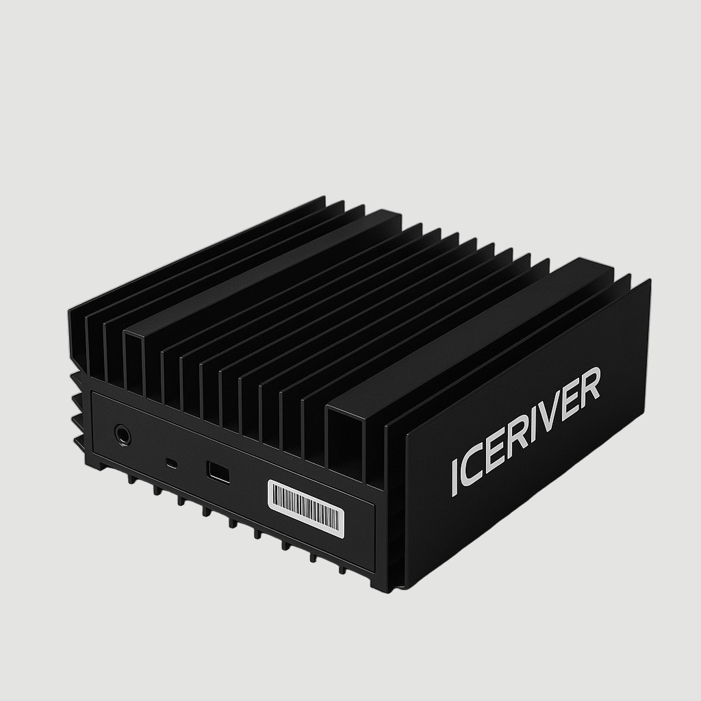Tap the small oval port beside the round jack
point(172,463)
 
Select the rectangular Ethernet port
point(217,472)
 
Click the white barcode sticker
point(305,505)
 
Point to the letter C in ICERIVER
point(472,471)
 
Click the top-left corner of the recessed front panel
point(93,394)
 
